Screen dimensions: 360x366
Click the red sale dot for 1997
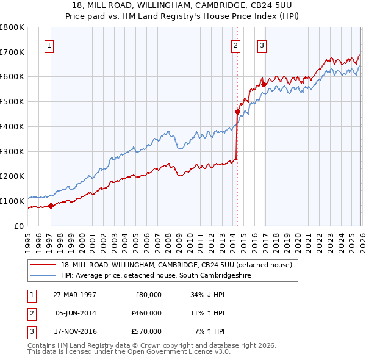(x=51, y=206)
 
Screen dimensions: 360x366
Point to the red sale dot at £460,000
(x=237, y=112)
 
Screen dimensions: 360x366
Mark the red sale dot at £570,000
(x=264, y=84)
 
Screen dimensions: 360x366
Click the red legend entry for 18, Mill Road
(x=177, y=265)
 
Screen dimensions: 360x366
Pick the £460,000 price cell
(x=146, y=313)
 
